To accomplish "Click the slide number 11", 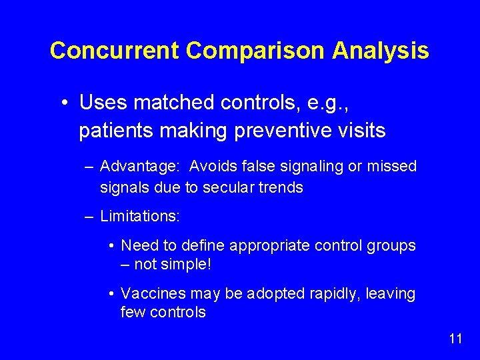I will coord(455,339).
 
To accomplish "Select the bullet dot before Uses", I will coord(63,103).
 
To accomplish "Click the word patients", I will coord(116,131).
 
